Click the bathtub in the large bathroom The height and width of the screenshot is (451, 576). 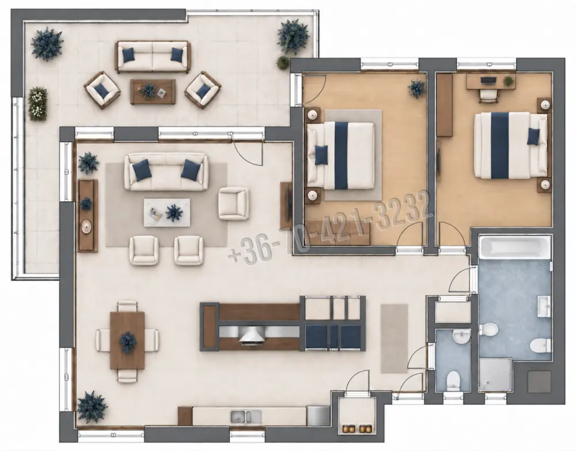coord(515,247)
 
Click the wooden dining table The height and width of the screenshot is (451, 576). coord(127,340)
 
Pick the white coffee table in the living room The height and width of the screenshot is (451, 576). coord(167,213)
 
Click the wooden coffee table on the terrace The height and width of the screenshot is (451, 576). coord(153,92)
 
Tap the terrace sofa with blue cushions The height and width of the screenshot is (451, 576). coord(153,57)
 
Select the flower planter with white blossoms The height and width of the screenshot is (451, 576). coord(37,104)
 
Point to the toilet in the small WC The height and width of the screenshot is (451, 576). coord(453,380)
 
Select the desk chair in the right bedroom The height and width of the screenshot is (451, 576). coord(488,95)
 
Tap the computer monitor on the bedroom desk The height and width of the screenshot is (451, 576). coord(488,80)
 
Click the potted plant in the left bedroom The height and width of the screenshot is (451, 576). coord(416,89)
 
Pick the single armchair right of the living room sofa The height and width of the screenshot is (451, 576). coord(234,204)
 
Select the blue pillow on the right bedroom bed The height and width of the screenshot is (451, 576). coord(533,136)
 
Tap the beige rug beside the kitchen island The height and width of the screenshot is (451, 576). coord(394,338)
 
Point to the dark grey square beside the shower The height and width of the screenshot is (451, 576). coord(539,382)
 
